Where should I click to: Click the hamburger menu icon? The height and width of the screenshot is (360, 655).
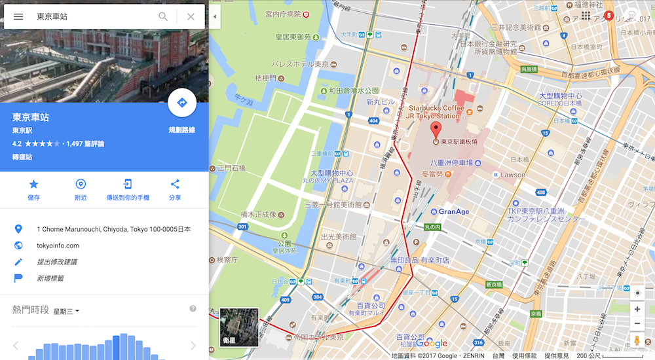18,16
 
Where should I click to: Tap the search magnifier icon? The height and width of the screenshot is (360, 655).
163,16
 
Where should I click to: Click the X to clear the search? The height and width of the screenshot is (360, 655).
191,16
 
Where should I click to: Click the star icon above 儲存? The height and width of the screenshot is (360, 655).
33,184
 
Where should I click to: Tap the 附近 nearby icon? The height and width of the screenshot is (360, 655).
81,184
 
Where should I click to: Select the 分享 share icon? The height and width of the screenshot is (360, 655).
175,184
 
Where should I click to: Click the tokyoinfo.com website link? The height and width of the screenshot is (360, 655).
58,245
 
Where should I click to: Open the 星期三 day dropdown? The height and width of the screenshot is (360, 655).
66,311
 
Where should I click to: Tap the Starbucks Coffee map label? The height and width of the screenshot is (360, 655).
436,107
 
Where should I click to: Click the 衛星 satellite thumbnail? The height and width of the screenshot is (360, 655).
239,327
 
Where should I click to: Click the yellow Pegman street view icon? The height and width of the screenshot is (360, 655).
637,340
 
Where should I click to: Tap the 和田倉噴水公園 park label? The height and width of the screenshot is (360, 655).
354,90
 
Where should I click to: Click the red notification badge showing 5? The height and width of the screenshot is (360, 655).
609,15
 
